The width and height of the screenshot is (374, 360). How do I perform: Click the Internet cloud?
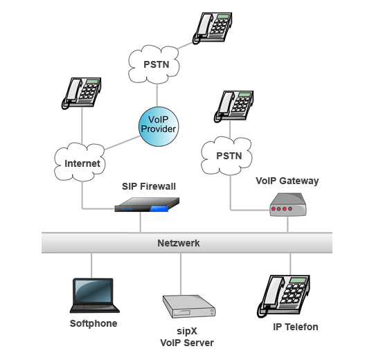(82, 163)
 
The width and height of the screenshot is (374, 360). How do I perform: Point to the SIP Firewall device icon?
(146, 204)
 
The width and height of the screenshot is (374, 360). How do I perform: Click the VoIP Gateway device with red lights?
(287, 206)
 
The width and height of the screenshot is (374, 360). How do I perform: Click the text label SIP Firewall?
(149, 186)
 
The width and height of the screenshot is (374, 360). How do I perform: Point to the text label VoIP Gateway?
(287, 181)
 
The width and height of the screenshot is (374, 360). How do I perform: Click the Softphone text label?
(93, 323)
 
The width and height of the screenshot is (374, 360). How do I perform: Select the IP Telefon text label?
(295, 327)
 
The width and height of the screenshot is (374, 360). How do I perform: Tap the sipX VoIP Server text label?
(186, 336)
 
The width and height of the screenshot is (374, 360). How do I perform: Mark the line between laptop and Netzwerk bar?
(91, 264)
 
